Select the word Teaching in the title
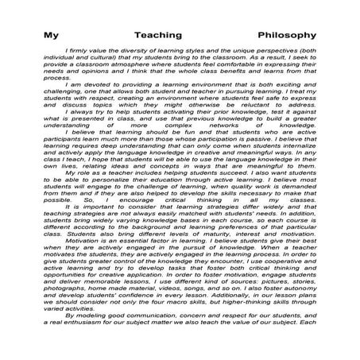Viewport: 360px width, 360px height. click(x=179, y=35)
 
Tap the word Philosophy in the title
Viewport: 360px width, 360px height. click(x=287, y=35)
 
